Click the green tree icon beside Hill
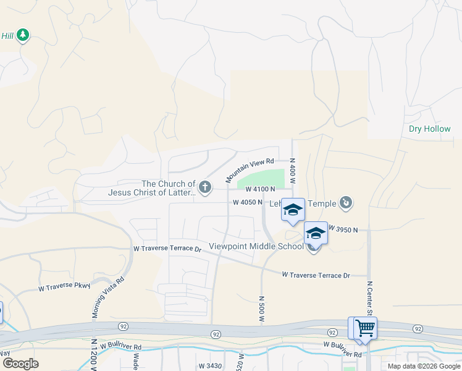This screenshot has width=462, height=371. coord(23,35)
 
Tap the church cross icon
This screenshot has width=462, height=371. coord(205,186)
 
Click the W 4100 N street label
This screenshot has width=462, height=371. coord(260,189)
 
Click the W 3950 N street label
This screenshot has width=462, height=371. coord(343,229)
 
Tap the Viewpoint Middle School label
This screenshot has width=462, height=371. coord(256,246)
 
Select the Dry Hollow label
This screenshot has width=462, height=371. coord(430,129)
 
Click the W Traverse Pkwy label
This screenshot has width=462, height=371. coord(64,287)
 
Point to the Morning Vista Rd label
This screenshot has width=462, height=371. coord(104,299)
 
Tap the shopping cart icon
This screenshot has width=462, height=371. coord(365,327)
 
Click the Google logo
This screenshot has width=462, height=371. coord(20,364)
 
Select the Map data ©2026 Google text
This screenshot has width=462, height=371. coord(424,366)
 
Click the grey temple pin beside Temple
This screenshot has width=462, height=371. coord(346,202)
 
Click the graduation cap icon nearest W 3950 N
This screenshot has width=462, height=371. coord(316,233)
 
